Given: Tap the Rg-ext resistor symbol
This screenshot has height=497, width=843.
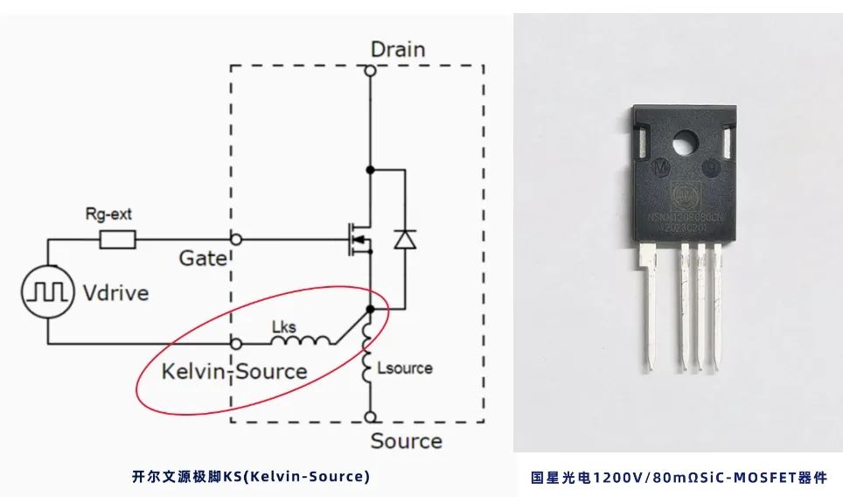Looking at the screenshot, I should point(117,238).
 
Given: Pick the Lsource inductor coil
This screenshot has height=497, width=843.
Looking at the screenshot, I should point(368,365).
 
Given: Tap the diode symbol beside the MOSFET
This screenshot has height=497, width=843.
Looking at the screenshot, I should point(404,238).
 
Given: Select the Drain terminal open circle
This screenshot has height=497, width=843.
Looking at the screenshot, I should point(370,72).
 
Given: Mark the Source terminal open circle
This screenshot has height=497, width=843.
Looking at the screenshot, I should point(370,416).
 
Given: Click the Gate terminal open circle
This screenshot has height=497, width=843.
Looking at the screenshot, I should point(234,238).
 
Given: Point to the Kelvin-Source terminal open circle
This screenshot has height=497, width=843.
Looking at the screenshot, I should point(234,344).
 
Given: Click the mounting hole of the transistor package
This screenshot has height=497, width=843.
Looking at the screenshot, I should point(685,140).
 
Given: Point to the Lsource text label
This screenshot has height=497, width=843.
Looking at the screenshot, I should point(405,368).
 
